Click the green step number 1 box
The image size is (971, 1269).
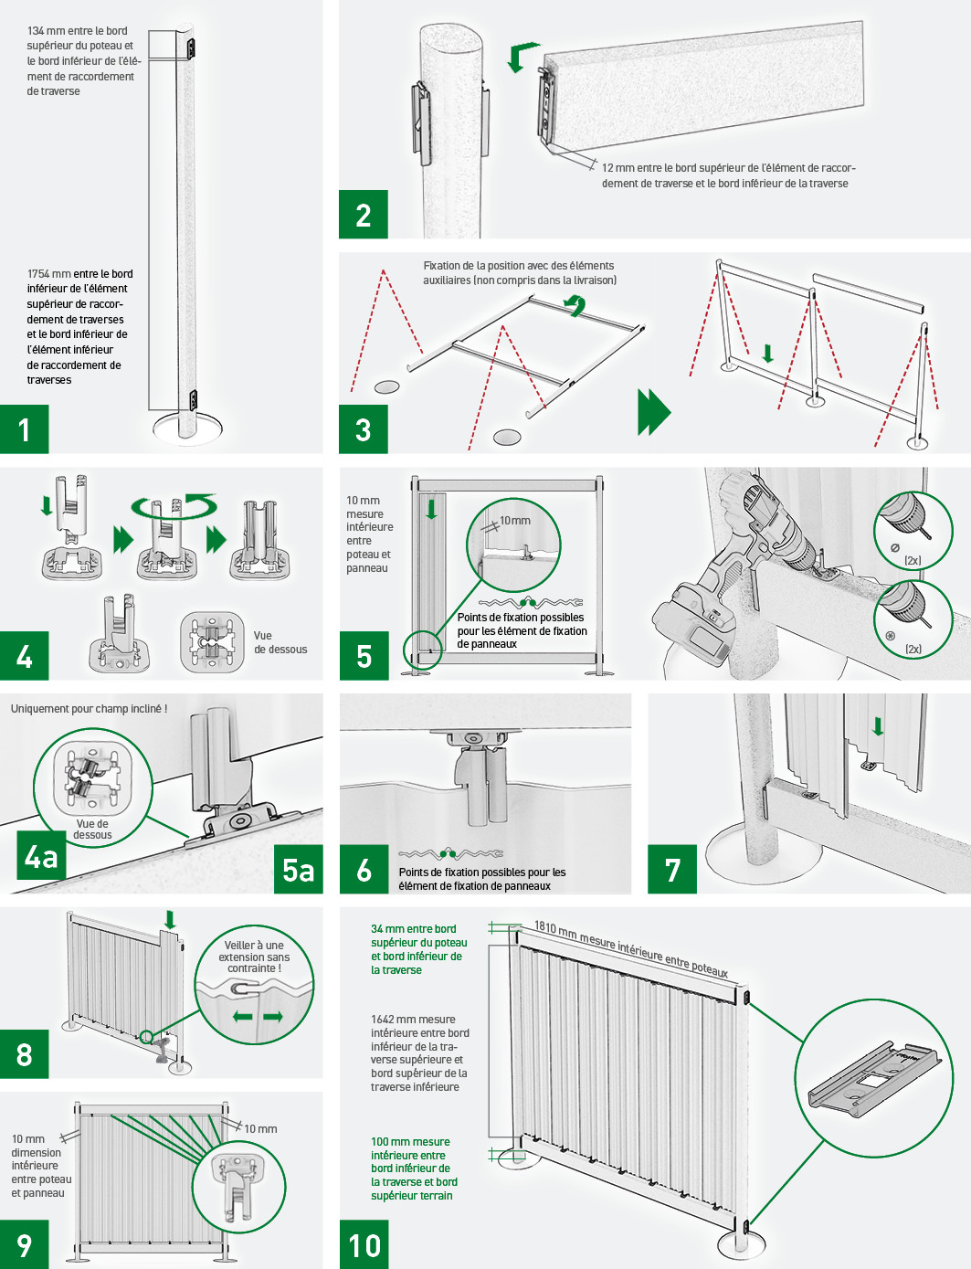[25, 428]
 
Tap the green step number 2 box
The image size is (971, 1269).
[363, 214]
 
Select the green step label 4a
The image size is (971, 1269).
[41, 855]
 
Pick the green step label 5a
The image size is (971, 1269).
[298, 869]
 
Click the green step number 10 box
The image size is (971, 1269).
[364, 1244]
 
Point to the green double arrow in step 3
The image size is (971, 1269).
[654, 412]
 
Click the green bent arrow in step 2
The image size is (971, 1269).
[522, 57]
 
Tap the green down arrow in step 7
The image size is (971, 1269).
[878, 726]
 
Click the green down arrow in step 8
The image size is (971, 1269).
[169, 919]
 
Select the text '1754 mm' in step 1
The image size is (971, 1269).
[48, 273]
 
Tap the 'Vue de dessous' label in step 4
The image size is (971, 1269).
[280, 641]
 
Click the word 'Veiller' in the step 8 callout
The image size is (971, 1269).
[238, 945]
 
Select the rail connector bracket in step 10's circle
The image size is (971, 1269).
[874, 1076]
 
